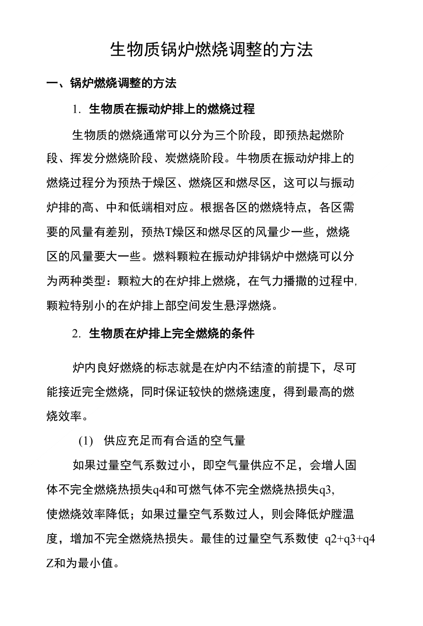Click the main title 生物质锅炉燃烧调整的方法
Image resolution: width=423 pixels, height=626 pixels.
pyautogui.click(x=211, y=50)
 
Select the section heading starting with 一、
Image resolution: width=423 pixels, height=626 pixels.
pyautogui.click(x=112, y=83)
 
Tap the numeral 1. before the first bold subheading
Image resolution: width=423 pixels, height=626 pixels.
pyautogui.click(x=77, y=110)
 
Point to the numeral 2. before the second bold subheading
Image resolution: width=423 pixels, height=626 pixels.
pyautogui.click(x=77, y=334)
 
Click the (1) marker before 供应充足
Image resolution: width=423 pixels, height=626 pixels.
pyautogui.click(x=86, y=441)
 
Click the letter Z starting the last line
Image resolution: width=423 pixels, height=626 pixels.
pyautogui.click(x=50, y=563)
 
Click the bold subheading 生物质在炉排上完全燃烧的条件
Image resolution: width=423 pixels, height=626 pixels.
pyautogui.click(x=171, y=334)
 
